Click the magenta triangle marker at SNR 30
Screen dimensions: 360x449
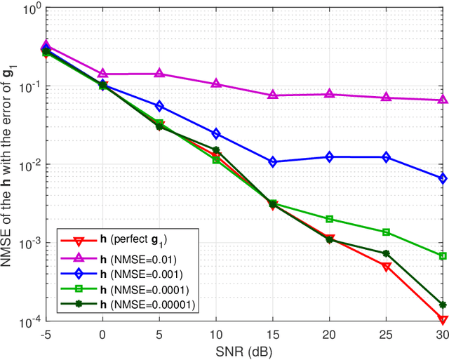(443, 100)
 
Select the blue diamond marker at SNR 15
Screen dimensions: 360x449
(273, 162)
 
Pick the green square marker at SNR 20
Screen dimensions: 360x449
(330, 219)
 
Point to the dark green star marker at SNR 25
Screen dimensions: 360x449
(386, 253)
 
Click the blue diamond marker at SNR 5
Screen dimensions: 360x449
(159, 106)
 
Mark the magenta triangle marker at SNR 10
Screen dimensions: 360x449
(216, 84)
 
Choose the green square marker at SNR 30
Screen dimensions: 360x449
(443, 256)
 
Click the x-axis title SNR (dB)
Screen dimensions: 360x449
(245, 351)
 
